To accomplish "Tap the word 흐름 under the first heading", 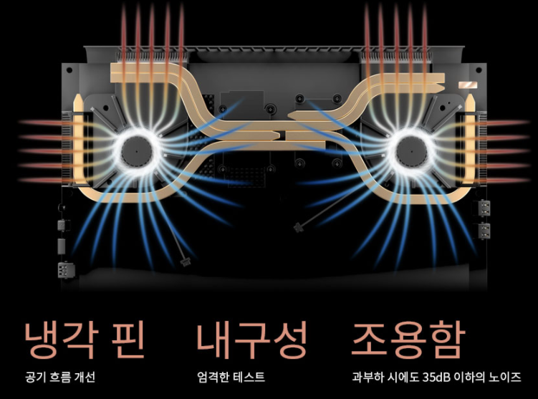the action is pos(60,377).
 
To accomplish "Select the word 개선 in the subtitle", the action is pos(85,377).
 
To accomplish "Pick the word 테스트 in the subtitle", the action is pos(251,377).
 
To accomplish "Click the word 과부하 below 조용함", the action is pos(367,377).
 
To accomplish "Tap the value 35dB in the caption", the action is pos(438,377).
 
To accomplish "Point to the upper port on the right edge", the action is pos(485,210).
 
